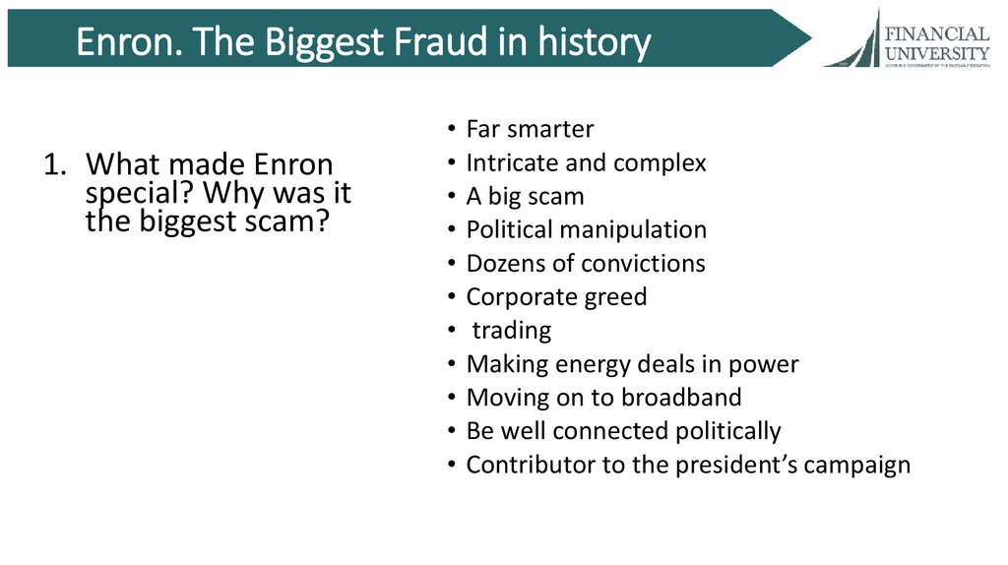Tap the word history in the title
(595, 43)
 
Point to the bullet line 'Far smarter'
(530, 129)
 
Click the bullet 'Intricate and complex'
(586, 162)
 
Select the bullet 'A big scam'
(525, 196)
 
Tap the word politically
(727, 430)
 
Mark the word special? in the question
(132, 194)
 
